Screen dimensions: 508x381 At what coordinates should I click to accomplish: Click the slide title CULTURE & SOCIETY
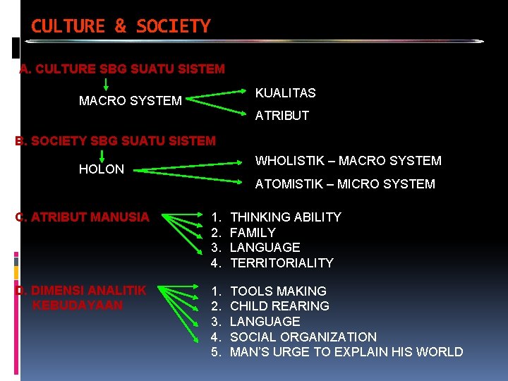tap(121, 27)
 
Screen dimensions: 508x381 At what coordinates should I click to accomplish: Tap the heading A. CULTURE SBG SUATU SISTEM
tap(122, 69)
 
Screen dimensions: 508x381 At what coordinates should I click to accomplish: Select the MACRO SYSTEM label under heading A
tap(130, 101)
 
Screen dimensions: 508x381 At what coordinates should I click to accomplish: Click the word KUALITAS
tap(285, 93)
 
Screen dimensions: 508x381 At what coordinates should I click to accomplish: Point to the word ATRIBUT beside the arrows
tap(282, 116)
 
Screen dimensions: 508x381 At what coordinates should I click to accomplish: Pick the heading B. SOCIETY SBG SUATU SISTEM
tap(116, 141)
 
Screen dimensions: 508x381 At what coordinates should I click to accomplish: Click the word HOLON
tap(101, 169)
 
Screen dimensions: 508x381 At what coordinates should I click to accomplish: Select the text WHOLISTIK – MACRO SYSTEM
tap(348, 161)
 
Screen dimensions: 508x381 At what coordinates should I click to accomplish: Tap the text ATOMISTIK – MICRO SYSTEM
tap(344, 184)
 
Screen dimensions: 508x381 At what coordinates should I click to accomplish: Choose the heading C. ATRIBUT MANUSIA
tap(83, 217)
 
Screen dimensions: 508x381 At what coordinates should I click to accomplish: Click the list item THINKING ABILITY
tap(285, 217)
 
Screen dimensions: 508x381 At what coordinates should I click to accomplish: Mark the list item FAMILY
tap(253, 233)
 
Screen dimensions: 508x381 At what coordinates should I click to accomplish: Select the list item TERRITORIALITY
tap(282, 263)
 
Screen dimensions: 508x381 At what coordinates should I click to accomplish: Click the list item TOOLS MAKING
tap(278, 291)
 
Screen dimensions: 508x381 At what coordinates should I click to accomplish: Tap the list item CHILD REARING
tap(279, 306)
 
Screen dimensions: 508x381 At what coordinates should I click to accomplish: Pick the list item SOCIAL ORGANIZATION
tap(303, 337)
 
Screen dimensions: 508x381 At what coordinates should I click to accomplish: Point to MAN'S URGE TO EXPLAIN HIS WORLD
tap(346, 352)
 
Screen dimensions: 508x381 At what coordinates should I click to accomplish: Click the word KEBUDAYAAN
tap(78, 306)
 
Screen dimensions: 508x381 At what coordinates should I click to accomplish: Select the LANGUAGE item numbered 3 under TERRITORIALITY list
tap(265, 248)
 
